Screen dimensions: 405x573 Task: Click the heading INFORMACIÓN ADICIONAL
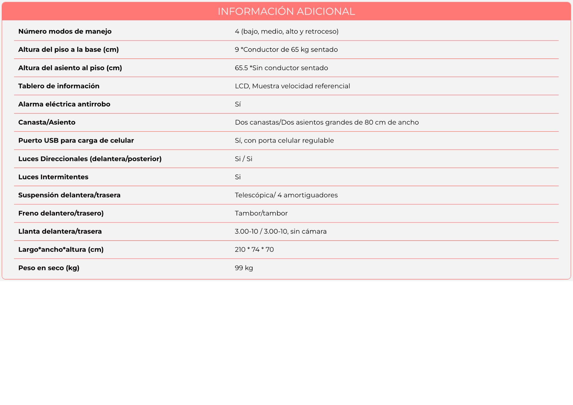(286, 11)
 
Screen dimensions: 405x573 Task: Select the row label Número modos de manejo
(65, 32)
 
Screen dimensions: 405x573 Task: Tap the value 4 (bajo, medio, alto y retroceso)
(286, 32)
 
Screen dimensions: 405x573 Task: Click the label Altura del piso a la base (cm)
(68, 50)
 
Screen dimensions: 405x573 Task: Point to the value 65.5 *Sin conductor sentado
(281, 68)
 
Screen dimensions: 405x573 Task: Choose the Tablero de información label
(59, 86)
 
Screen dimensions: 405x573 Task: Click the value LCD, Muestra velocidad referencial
(292, 86)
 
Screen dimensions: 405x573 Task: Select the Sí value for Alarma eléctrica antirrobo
(238, 104)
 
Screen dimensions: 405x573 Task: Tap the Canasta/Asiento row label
(47, 122)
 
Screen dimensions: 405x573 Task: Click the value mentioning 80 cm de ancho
(327, 122)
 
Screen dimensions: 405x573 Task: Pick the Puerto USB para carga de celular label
(76, 141)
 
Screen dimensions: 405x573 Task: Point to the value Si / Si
(244, 159)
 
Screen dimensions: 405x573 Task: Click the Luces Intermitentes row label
(53, 177)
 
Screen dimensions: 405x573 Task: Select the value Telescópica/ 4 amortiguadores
(286, 195)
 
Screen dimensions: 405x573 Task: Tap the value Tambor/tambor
(261, 213)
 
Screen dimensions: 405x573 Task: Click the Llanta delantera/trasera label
(60, 231)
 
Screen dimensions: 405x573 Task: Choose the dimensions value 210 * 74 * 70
(254, 249)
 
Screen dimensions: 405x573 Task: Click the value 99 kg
(244, 268)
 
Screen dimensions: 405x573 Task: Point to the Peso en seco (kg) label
(49, 268)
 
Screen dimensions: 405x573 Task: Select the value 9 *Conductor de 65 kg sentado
(286, 50)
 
